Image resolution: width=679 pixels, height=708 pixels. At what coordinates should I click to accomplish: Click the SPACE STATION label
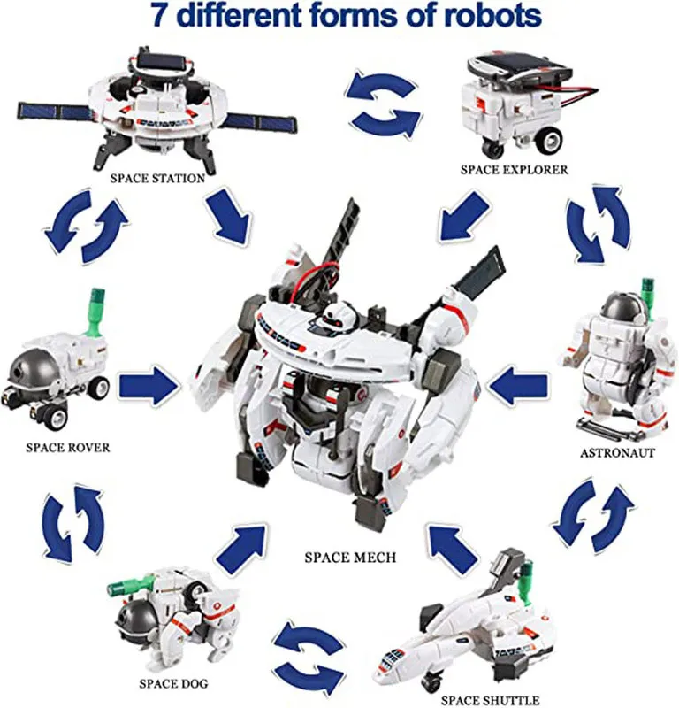click(157, 179)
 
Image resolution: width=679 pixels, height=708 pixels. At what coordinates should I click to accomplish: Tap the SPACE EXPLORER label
click(514, 170)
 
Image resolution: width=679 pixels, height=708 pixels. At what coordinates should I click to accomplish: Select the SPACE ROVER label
click(68, 448)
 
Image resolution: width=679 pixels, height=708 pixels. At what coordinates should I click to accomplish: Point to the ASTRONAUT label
click(617, 453)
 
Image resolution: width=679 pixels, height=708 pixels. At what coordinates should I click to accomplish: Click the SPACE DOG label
click(173, 683)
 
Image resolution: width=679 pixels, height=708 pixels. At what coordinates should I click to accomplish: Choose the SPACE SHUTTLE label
click(490, 700)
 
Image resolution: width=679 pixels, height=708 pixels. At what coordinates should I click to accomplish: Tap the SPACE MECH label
click(351, 558)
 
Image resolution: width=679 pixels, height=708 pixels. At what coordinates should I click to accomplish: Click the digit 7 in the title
click(160, 15)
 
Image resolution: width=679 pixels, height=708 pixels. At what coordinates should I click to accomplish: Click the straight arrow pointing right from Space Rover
click(149, 386)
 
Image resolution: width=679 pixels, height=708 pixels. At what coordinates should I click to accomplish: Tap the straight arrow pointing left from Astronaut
click(518, 386)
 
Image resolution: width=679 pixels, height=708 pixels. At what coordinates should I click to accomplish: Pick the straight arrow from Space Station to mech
click(229, 216)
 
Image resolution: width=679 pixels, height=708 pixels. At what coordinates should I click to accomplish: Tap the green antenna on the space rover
click(95, 312)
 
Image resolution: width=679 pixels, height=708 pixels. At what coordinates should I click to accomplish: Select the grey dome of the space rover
click(33, 368)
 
